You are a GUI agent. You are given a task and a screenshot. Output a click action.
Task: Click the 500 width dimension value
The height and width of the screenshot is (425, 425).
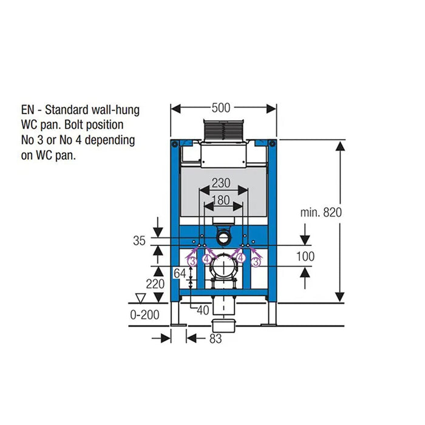(x=221, y=108)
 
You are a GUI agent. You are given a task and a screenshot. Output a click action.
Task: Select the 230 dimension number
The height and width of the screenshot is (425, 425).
(x=221, y=183)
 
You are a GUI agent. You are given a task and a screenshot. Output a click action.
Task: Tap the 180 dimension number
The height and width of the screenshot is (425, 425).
(x=221, y=200)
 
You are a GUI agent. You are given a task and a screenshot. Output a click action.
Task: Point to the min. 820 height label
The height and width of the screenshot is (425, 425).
(x=321, y=212)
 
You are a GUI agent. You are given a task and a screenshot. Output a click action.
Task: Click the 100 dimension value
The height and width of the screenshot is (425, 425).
(x=305, y=256)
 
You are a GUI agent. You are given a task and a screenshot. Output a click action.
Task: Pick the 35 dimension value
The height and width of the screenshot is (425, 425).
(x=139, y=240)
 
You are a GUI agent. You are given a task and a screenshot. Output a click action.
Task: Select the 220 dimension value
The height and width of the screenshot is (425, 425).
(x=155, y=284)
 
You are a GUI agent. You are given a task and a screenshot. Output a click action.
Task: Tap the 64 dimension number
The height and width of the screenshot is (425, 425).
(x=180, y=273)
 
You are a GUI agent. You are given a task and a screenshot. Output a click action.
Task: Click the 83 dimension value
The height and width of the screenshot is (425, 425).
(x=216, y=339)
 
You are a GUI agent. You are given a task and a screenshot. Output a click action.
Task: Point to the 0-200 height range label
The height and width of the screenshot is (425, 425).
(x=144, y=315)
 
